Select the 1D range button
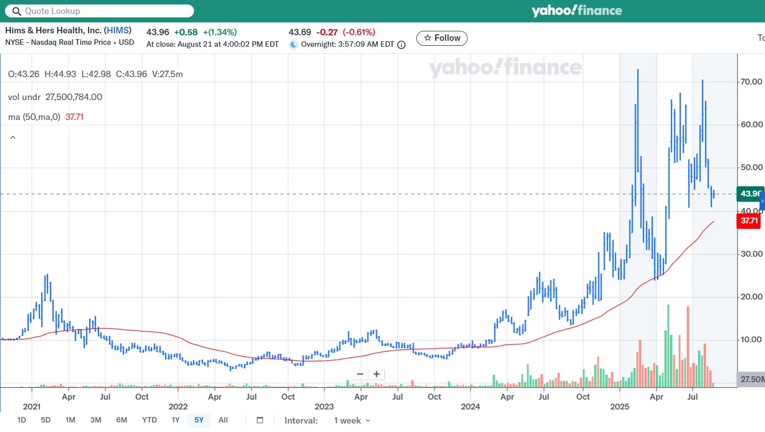pos(21,420)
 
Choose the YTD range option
pos(149,420)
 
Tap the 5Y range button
pos(199,420)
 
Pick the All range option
pos(223,420)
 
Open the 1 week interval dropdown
pos(352,421)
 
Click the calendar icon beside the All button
pos(260,420)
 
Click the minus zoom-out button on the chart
pos(360,374)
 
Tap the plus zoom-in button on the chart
pos(377,374)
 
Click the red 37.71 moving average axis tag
pos(749,221)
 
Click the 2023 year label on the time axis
pos(324,407)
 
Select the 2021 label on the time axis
pos(32,407)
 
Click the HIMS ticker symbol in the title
pos(118,30)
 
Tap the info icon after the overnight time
pos(401,45)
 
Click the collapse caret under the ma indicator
pos(13,137)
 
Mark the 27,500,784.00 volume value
pos(74,97)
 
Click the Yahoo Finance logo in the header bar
pos(576,11)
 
